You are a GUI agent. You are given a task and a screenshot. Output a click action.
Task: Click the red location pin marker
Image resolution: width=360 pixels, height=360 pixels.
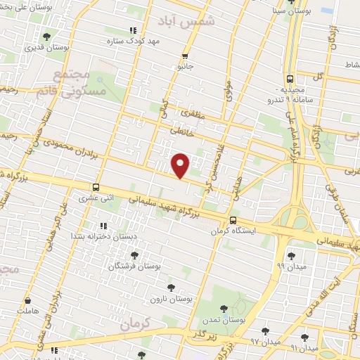click(x=181, y=165)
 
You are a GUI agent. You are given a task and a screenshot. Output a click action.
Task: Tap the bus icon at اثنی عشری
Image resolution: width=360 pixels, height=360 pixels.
click(x=96, y=188)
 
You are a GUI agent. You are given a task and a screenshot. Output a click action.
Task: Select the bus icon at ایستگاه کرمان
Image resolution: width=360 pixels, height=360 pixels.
click(x=233, y=220)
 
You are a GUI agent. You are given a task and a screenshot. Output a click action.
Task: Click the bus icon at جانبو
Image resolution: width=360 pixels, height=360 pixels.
click(x=185, y=56)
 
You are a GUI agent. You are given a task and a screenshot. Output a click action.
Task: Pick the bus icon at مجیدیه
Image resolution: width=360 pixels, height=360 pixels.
click(x=290, y=80)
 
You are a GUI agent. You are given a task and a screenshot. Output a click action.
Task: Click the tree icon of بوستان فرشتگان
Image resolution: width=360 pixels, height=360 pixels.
click(x=134, y=255)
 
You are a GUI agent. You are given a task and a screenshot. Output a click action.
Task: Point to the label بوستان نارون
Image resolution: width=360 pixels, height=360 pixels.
click(x=171, y=299)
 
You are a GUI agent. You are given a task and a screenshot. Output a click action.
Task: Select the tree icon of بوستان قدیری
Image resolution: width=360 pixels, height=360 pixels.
click(x=46, y=37)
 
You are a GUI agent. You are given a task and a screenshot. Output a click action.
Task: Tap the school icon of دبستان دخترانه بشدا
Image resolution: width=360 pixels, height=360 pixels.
click(x=103, y=226)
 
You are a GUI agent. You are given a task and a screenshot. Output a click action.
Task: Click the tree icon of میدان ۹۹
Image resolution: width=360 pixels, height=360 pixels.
click(x=291, y=256)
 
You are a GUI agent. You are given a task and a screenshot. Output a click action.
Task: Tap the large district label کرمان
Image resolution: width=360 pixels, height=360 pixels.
click(x=136, y=325)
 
